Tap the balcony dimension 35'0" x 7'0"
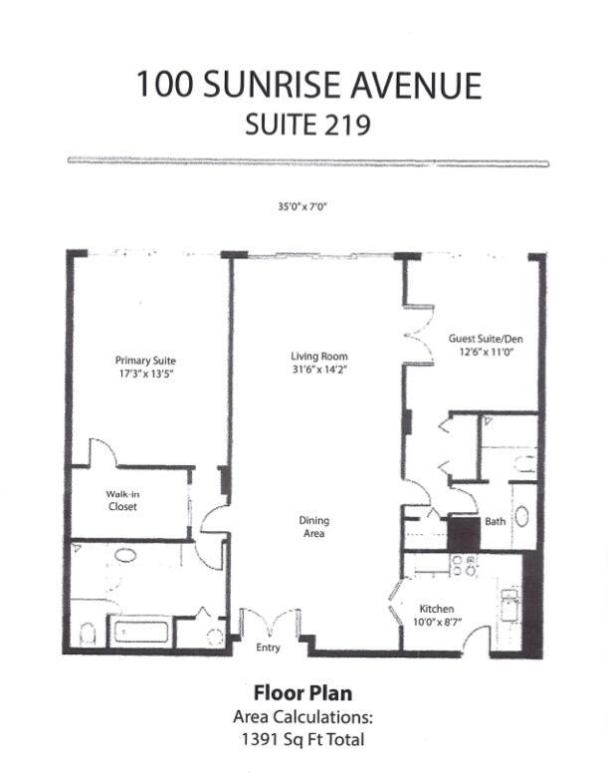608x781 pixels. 303,207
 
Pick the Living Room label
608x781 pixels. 318,357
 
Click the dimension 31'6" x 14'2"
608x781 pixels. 318,371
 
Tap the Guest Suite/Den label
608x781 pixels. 486,340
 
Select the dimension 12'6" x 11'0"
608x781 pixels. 486,353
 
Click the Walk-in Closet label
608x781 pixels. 121,500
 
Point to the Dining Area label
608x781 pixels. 314,527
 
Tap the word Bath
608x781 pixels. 495,521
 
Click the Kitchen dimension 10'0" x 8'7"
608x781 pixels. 437,622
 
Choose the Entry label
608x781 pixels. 269,648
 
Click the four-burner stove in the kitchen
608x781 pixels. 463,566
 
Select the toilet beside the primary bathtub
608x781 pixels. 87,633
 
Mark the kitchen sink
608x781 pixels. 509,605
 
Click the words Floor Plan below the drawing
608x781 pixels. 303,692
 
